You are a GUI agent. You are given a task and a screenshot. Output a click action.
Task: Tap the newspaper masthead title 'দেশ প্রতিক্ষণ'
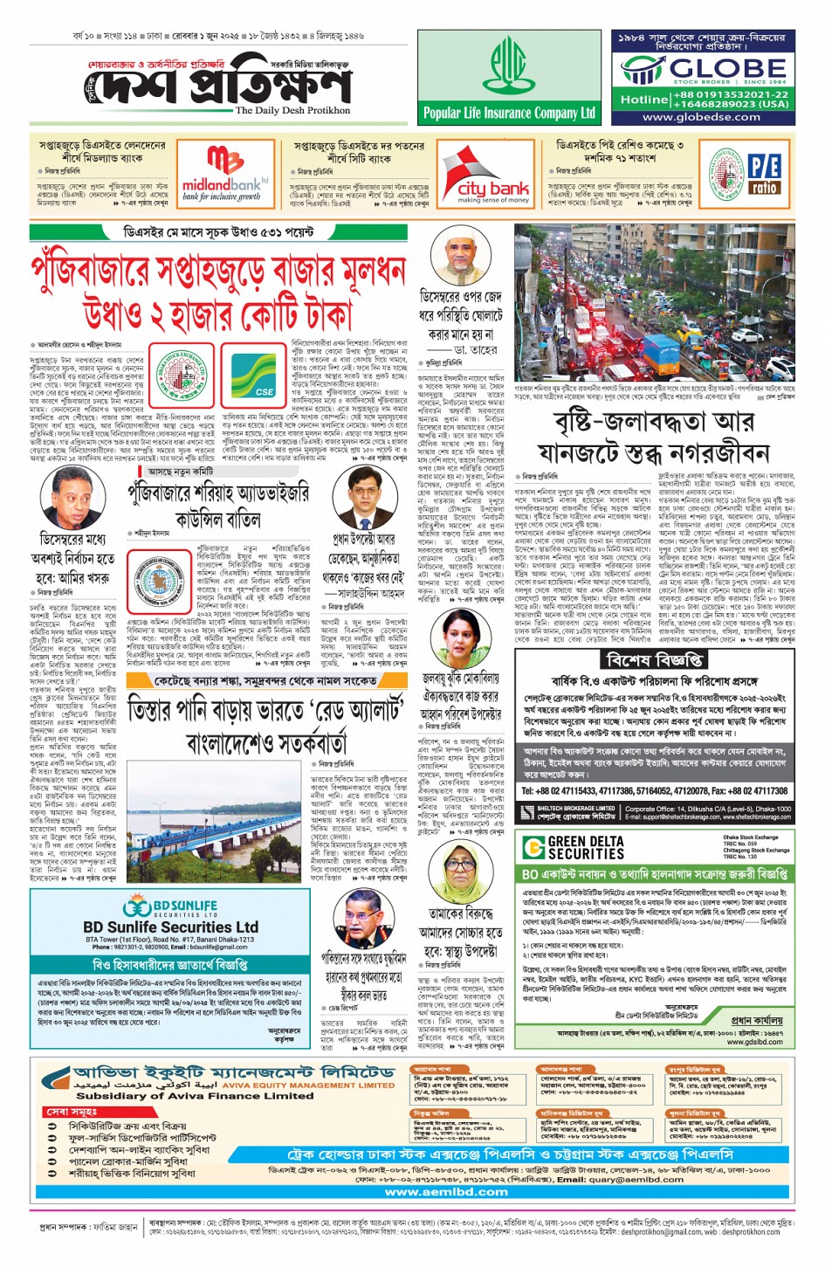(218, 86)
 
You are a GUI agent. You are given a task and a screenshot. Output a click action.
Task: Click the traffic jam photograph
(654, 301)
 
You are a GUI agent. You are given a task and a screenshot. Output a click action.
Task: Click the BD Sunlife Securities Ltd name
(170, 927)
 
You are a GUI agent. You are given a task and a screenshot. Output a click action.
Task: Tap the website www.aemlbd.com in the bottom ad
(445, 1191)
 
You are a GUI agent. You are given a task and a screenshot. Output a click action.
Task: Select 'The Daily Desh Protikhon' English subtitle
(292, 111)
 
